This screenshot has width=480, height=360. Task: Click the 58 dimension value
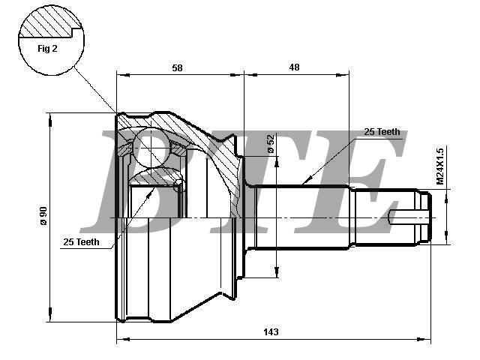pyautogui.click(x=177, y=67)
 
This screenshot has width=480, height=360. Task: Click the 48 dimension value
pyautogui.click(x=294, y=67)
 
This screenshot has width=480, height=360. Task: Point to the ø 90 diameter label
pyautogui.click(x=43, y=217)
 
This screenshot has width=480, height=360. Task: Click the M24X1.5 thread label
pyautogui.click(x=441, y=166)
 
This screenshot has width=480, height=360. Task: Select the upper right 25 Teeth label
pyautogui.click(x=382, y=132)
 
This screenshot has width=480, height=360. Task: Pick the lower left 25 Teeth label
pyautogui.click(x=82, y=241)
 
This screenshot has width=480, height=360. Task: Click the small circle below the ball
pyautogui.click(x=178, y=185)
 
